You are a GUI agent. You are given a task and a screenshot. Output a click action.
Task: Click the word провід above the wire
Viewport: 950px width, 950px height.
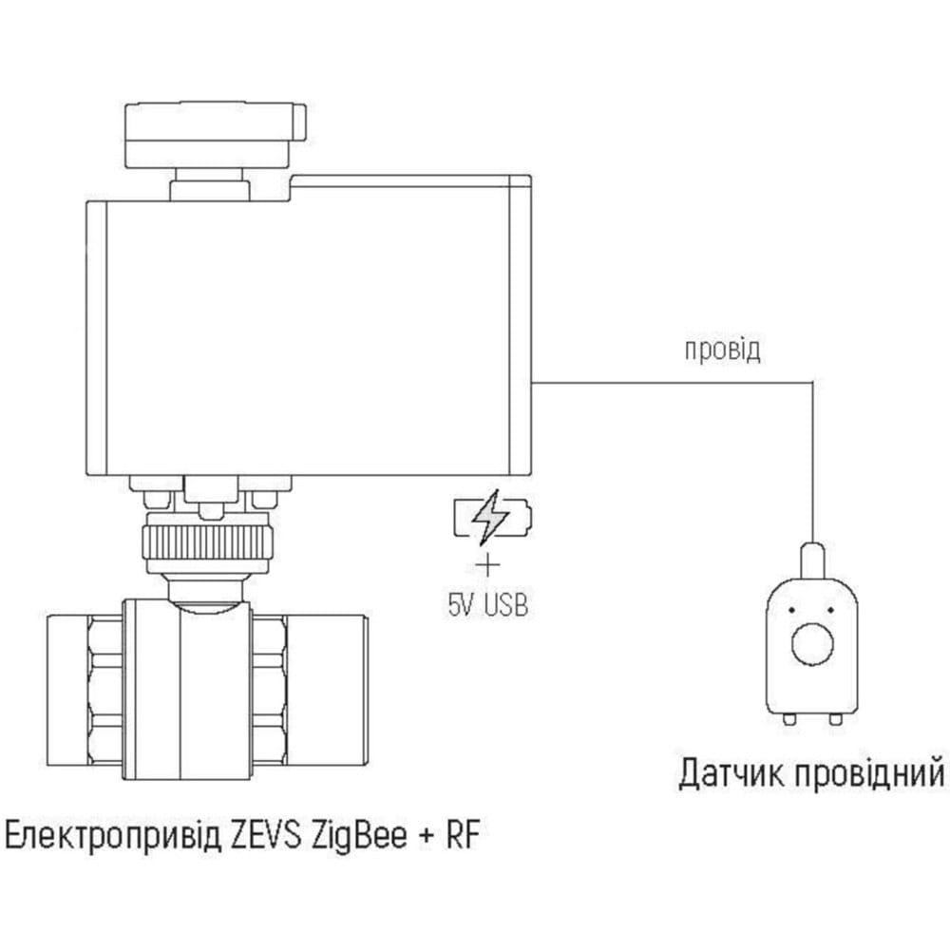click(722, 351)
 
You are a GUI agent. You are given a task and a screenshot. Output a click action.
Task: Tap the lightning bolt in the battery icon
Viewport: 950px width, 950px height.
click(491, 518)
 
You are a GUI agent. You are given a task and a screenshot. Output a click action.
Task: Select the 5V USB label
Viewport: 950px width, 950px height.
click(487, 604)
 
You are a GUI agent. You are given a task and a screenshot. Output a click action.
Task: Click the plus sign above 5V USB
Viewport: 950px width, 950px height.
click(487, 565)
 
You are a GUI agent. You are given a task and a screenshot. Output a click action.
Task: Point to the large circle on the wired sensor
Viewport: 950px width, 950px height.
click(812, 643)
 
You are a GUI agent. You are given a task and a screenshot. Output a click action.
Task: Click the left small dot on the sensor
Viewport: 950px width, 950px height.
click(792, 610)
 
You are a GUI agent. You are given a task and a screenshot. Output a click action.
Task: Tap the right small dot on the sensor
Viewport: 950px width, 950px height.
click(830, 610)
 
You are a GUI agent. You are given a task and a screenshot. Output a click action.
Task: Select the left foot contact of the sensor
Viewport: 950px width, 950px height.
click(788, 719)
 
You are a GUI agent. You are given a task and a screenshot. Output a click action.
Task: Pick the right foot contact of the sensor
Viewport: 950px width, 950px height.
click(835, 719)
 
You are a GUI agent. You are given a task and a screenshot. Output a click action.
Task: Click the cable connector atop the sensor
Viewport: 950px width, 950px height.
click(812, 561)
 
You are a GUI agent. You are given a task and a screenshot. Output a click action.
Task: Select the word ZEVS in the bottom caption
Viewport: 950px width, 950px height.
click(266, 836)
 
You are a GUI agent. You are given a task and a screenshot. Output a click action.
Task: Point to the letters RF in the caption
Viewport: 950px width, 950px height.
click(463, 836)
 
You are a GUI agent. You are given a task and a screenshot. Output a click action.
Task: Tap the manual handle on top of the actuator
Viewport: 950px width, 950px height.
click(215, 136)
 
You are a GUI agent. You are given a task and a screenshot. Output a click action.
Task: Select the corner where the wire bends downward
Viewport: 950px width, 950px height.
click(812, 382)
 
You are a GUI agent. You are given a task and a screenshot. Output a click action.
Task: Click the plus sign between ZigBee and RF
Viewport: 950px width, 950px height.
click(427, 837)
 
